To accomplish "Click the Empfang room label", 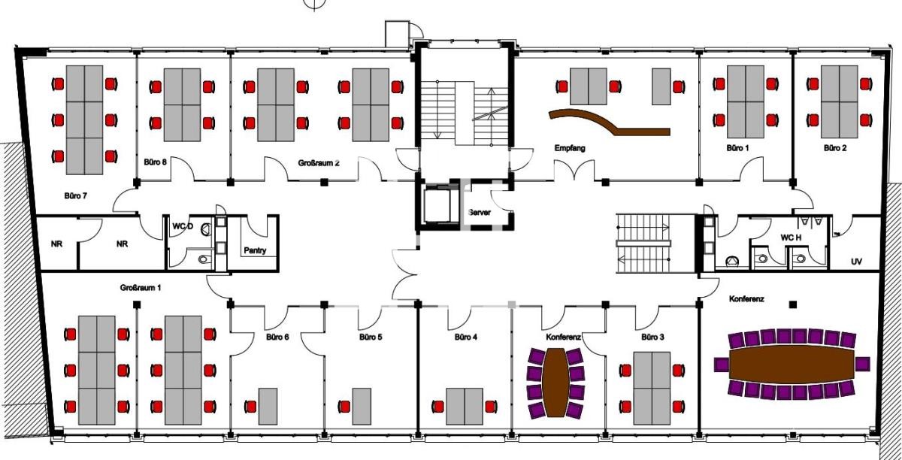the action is click(570, 148).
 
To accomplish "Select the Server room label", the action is click(480, 212).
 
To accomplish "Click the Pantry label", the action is click(255, 250).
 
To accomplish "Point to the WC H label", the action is click(791, 238).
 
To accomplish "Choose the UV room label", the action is click(856, 262).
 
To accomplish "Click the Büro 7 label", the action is click(76, 195).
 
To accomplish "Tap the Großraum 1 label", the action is click(141, 288).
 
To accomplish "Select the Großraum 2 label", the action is click(319, 163).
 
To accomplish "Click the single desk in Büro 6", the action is click(268, 406).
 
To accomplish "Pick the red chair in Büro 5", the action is click(344, 407).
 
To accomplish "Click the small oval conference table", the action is click(555, 383).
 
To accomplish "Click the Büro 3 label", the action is click(652, 337).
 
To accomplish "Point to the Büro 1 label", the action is click(737, 148).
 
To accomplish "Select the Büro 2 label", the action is click(835, 148).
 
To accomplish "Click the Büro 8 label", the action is click(155, 162).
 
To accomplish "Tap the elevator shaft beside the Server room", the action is click(442, 204).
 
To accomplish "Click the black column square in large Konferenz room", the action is click(793, 304).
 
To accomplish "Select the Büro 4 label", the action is click(465, 337).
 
